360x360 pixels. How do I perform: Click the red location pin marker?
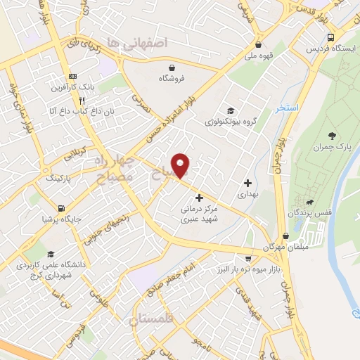(x=181, y=165)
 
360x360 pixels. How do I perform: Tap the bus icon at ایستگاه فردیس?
(x=330, y=37)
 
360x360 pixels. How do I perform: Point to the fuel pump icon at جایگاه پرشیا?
(x=62, y=209)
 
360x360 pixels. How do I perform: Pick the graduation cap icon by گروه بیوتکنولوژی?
(x=230, y=110)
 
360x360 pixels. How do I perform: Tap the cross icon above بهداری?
(x=247, y=183)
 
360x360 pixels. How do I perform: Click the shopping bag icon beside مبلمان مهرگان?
(x=285, y=236)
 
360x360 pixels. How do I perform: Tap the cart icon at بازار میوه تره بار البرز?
(x=247, y=257)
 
